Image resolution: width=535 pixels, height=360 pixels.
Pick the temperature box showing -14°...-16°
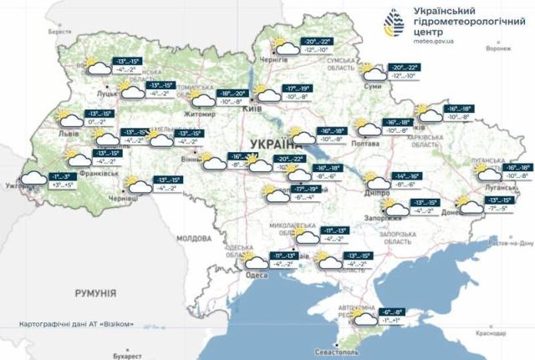(x=408, y=176)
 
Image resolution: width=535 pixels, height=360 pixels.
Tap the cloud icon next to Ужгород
(x=33, y=178)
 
